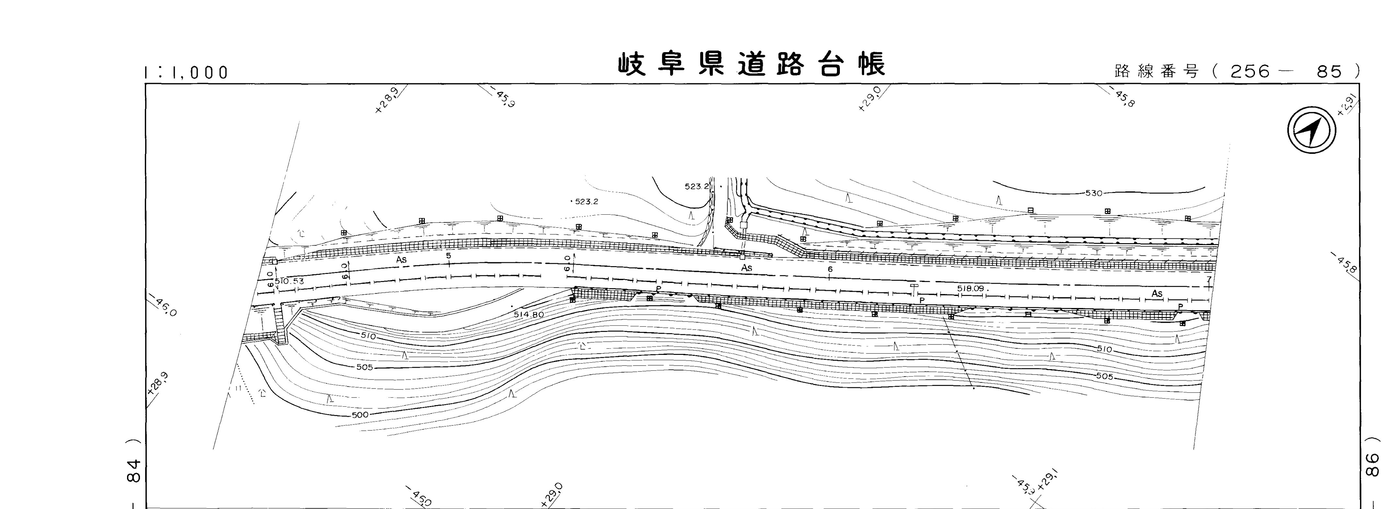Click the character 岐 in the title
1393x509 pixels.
point(633,65)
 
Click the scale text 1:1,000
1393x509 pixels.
point(187,73)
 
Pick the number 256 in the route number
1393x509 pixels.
point(1250,71)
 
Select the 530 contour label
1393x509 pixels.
point(1093,193)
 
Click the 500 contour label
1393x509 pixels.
point(360,415)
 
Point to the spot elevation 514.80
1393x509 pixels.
point(528,314)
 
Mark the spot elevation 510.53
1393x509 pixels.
point(289,281)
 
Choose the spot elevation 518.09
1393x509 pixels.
point(971,288)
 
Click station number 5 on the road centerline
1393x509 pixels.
point(448,255)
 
